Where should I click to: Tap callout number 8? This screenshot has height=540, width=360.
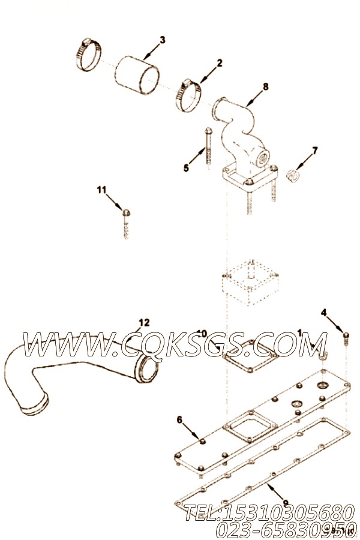(266, 86)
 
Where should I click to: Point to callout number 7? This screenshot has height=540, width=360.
(314, 149)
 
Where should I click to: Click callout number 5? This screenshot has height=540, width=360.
(186, 169)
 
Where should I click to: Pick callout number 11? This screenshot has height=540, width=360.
(101, 190)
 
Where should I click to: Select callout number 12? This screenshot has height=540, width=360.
(144, 322)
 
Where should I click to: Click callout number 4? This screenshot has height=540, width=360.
(324, 313)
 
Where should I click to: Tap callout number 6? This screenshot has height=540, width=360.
(178, 418)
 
